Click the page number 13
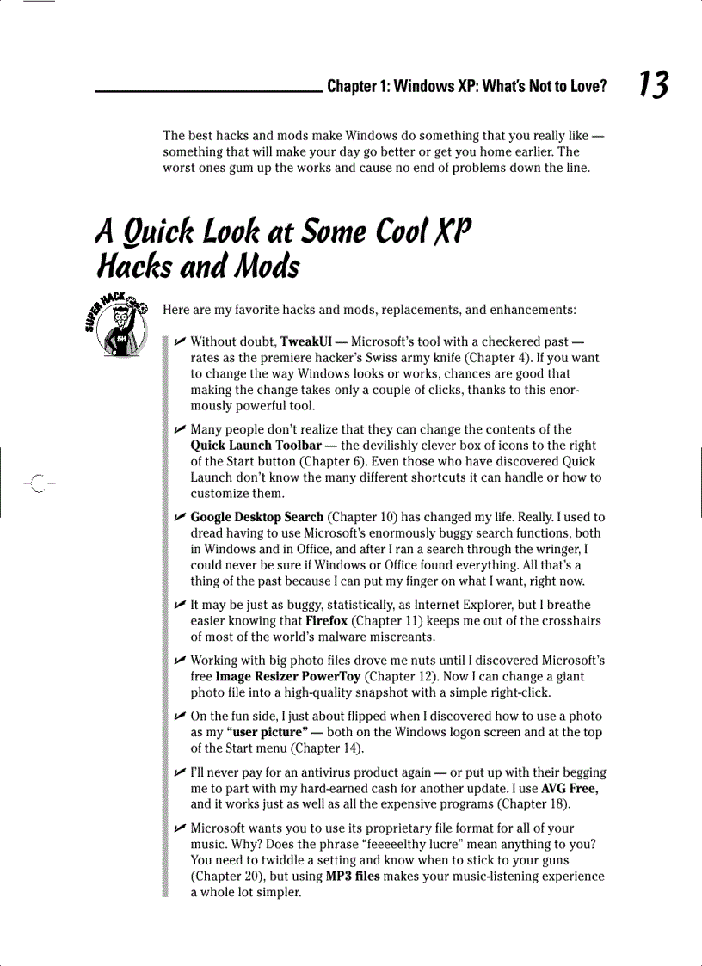click(653, 84)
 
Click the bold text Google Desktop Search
click(257, 517)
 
